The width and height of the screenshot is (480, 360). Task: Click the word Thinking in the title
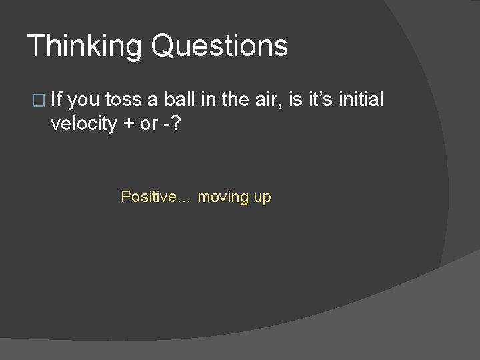coord(85,47)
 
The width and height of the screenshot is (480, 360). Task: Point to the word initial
coord(361,100)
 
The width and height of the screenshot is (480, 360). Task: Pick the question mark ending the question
coord(177,124)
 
